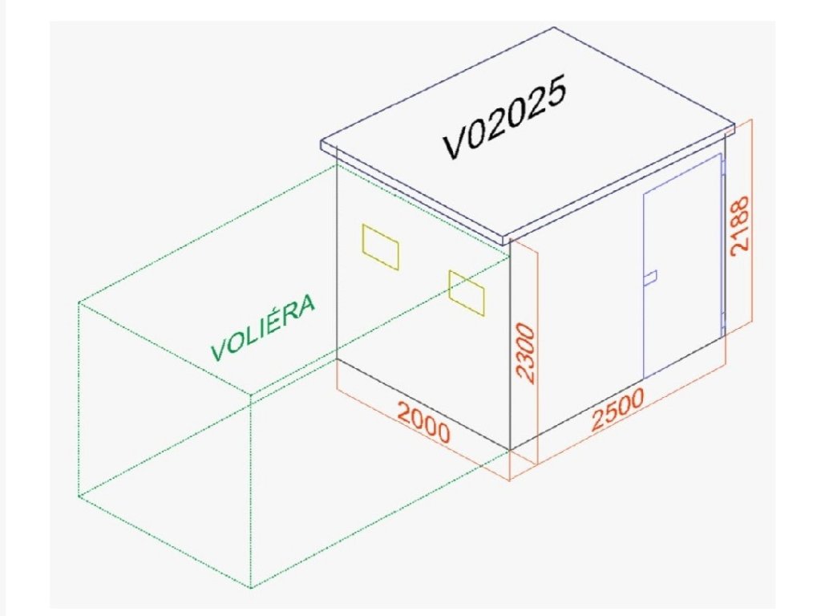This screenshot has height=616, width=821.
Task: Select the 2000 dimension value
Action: coord(424,424)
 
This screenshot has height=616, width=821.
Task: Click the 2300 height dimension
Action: coord(524,353)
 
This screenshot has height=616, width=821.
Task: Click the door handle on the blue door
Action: coord(650,278)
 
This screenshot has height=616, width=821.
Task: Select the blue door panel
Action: coord(681,265)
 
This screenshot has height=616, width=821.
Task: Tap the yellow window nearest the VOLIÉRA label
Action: coord(380,246)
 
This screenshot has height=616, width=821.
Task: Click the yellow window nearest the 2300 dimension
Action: coord(467,292)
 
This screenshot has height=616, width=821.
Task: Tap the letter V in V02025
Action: coord(455,144)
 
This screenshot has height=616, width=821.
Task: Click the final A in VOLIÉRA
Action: coord(305,306)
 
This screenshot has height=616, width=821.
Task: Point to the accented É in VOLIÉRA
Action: coord(275,320)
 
